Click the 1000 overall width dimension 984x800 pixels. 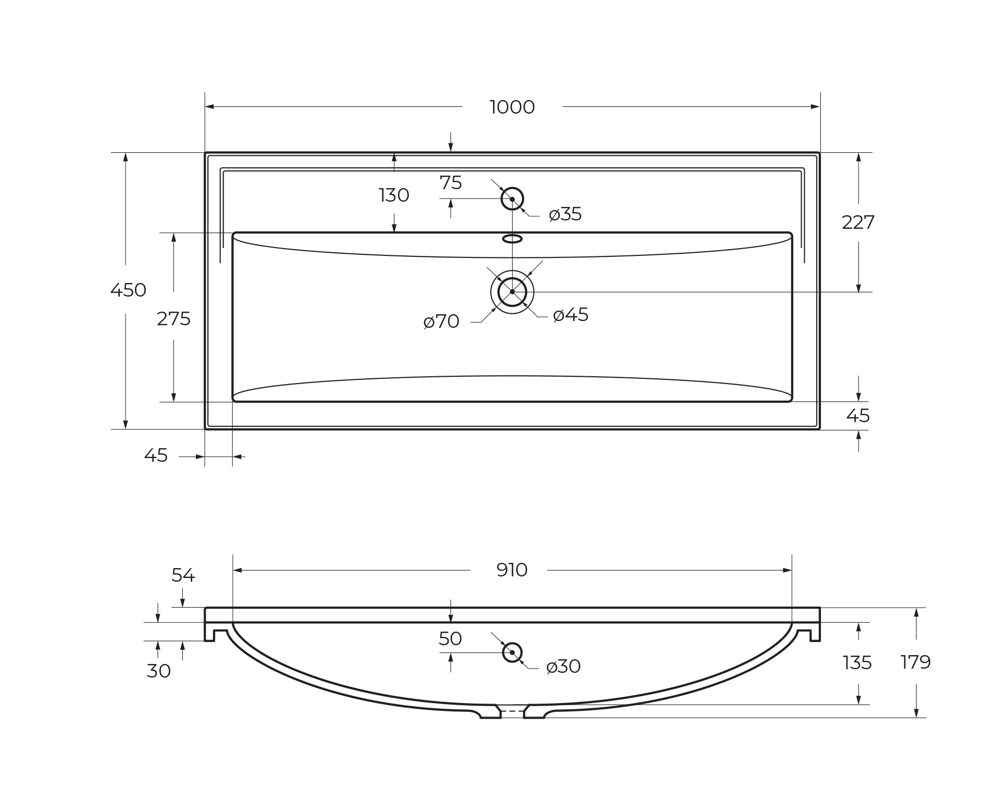click(x=512, y=107)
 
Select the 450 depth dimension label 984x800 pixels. click(x=128, y=290)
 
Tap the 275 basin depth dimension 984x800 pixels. click(x=173, y=319)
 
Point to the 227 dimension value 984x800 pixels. click(x=858, y=223)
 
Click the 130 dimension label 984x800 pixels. click(x=394, y=195)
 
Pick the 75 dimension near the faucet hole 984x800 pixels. click(x=451, y=183)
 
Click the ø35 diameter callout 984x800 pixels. click(x=565, y=214)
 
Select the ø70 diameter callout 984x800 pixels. click(x=441, y=322)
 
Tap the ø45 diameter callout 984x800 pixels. click(x=570, y=315)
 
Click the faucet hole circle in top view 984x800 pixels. click(x=512, y=199)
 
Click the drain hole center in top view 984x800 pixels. click(x=512, y=292)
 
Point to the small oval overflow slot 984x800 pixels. click(x=512, y=239)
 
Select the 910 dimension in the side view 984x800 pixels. click(x=512, y=570)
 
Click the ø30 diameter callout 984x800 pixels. click(x=563, y=667)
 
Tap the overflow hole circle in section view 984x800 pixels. click(x=512, y=653)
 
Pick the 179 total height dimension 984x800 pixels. click(x=915, y=662)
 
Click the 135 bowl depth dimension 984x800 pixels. click(x=857, y=663)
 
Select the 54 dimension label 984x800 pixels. click(x=183, y=575)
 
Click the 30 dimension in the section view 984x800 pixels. click(x=158, y=671)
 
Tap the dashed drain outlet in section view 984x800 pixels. click(x=512, y=711)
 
